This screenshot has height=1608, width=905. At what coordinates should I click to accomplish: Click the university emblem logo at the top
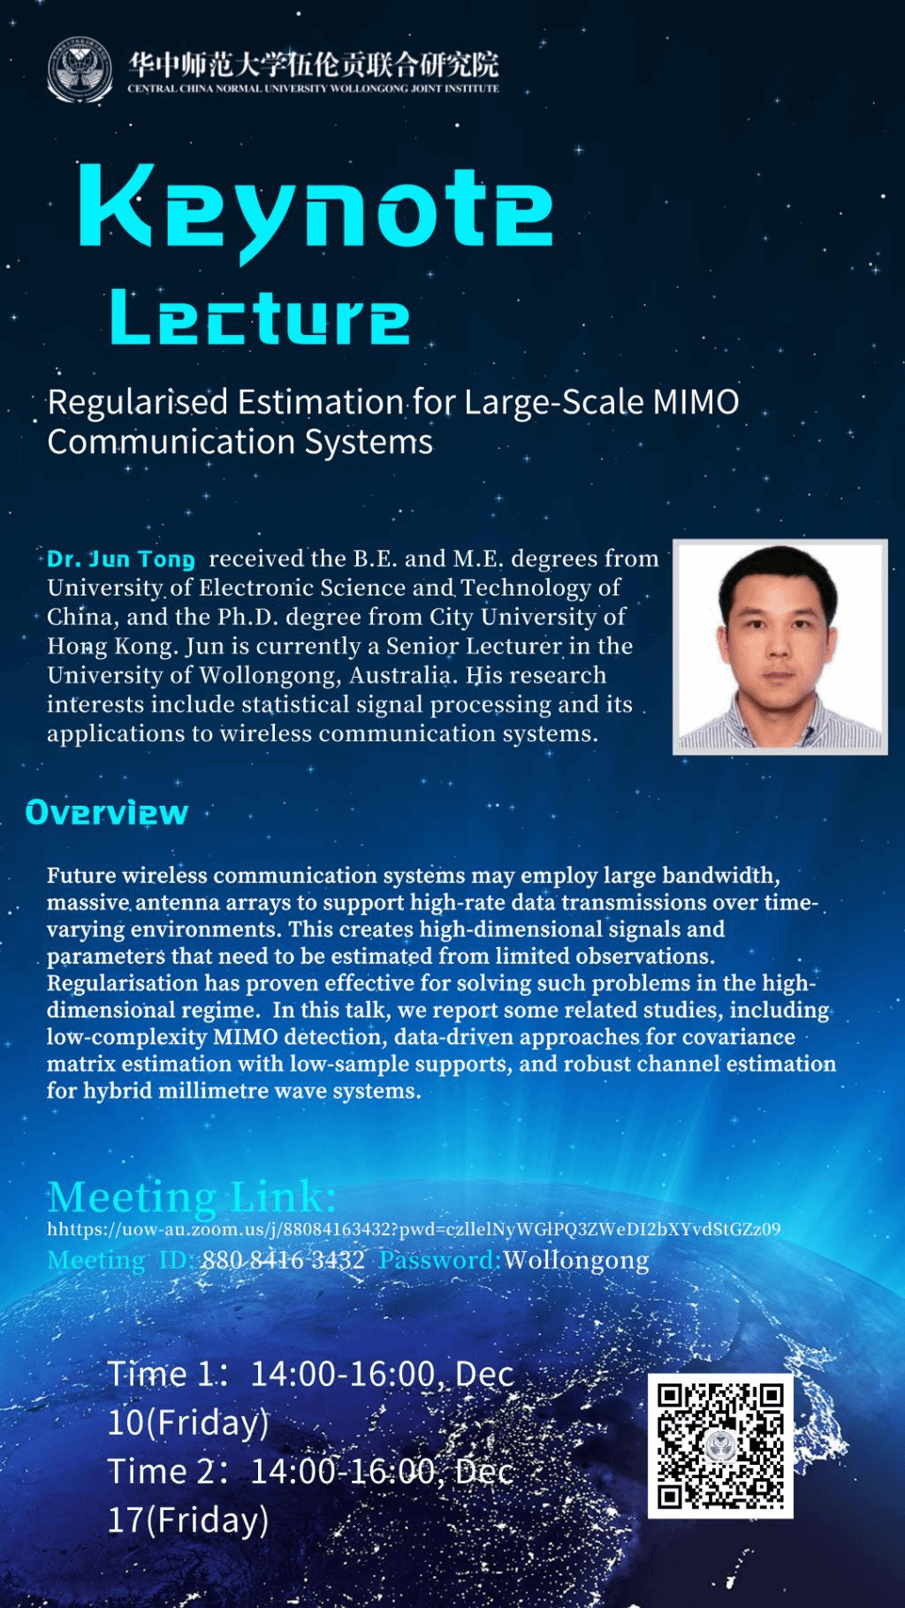pos(80,71)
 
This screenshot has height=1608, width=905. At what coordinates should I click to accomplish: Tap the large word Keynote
pos(316,211)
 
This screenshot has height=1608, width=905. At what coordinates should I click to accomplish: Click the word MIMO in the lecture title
pos(696,403)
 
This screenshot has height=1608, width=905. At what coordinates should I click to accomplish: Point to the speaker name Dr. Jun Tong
pos(121,559)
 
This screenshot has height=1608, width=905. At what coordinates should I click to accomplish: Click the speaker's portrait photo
pos(780,647)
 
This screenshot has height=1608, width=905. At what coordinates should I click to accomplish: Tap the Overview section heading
pos(107,813)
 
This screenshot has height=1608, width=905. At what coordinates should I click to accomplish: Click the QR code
pos(720,1445)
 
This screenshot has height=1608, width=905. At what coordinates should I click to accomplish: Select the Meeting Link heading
pos(192,1197)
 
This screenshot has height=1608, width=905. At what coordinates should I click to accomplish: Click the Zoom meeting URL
pos(414,1229)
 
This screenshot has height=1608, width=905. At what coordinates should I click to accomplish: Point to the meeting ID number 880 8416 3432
pos(283,1260)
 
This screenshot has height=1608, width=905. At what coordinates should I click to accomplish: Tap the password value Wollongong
pos(576,1260)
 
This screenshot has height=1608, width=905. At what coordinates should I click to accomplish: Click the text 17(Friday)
pos(188,1520)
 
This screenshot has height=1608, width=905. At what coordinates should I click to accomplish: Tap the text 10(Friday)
pos(188,1422)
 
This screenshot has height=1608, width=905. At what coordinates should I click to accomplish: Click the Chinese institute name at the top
pos(314,64)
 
